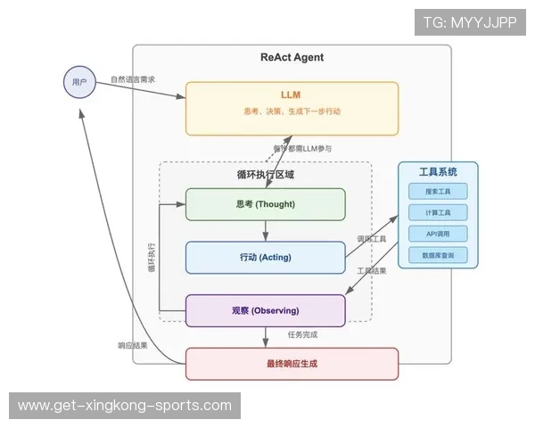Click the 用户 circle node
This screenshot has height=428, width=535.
[79, 82]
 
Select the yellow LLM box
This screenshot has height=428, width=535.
[292, 108]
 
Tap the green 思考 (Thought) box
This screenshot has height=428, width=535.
[265, 204]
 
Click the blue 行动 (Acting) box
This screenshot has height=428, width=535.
[265, 257]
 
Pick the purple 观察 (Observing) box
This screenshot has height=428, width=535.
[265, 310]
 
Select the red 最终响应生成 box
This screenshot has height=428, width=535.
[292, 363]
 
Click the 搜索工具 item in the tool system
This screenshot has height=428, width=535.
[438, 192]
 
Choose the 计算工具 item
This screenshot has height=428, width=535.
[438, 213]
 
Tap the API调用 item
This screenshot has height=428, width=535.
[438, 234]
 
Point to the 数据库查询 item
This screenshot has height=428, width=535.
[438, 255]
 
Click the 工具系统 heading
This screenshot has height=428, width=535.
[438, 171]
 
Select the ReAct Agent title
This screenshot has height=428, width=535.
[292, 58]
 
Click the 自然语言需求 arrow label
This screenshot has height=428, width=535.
[133, 78]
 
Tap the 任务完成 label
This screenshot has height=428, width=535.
[302, 334]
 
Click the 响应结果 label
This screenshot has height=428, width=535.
[133, 345]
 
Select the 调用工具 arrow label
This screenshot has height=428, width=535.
[371, 239]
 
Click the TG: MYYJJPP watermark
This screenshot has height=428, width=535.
[470, 22]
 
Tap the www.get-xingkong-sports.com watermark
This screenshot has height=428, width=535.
[125, 406]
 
